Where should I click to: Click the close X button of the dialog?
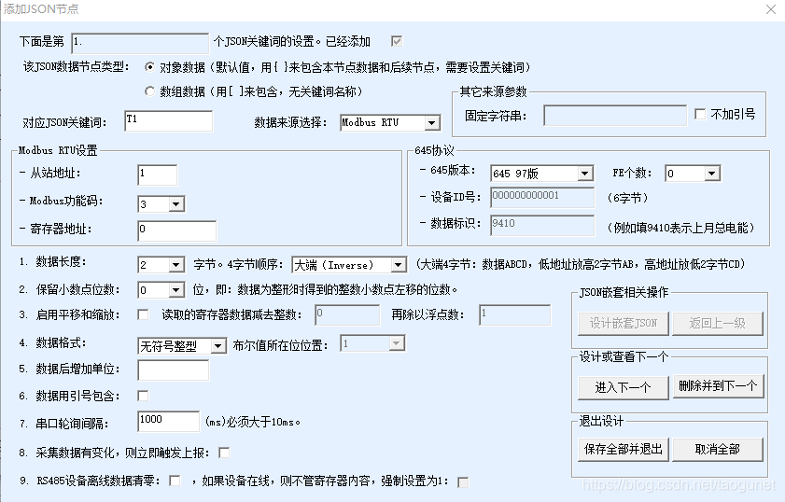(770, 9)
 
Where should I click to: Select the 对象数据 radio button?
(150, 67)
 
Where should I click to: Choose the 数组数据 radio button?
(150, 91)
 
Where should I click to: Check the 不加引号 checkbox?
(700, 115)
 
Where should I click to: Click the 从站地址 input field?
(157, 174)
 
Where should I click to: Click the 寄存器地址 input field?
(176, 230)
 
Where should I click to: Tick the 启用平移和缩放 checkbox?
(144, 314)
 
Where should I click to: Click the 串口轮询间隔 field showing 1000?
(168, 421)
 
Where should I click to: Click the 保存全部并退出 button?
(623, 449)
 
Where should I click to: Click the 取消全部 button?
(717, 449)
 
